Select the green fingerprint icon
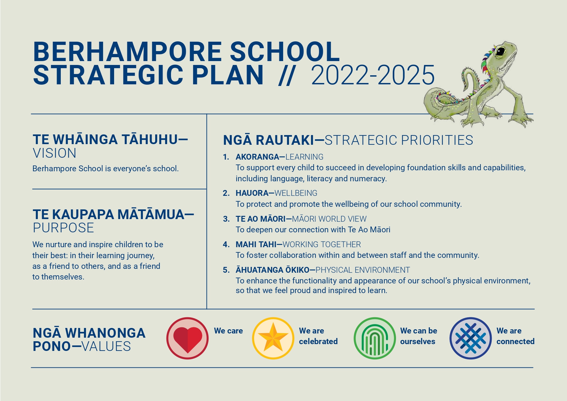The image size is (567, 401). [x=375, y=339]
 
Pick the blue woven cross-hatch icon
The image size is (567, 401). [x=470, y=339]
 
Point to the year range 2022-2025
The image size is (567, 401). [x=373, y=75]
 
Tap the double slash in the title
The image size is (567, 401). [x=286, y=76]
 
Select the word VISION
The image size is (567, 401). [x=54, y=153]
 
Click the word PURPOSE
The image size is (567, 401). [x=63, y=228]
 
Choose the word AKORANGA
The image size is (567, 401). [x=257, y=157]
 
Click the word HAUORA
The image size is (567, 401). [x=252, y=193]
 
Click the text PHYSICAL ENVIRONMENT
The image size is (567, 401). [x=363, y=270]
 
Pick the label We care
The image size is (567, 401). [x=228, y=331]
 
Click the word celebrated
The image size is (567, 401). [x=318, y=342]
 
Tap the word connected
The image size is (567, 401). [x=515, y=342]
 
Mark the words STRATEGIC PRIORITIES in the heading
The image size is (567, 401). [x=399, y=140]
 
